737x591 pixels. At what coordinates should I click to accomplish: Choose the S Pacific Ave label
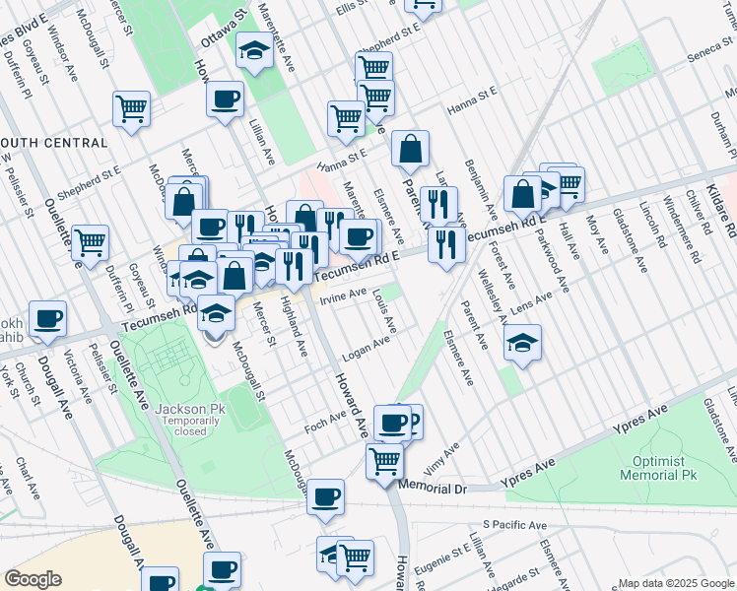pos(514,526)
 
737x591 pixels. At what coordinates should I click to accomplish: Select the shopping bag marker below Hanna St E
pos(410,151)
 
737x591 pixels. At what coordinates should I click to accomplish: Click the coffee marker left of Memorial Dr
pos(325,497)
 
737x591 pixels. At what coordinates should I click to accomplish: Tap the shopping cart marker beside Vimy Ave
pos(384,461)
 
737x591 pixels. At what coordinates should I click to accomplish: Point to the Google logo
pos(33,579)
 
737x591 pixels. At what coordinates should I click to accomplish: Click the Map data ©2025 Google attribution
pos(675,583)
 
